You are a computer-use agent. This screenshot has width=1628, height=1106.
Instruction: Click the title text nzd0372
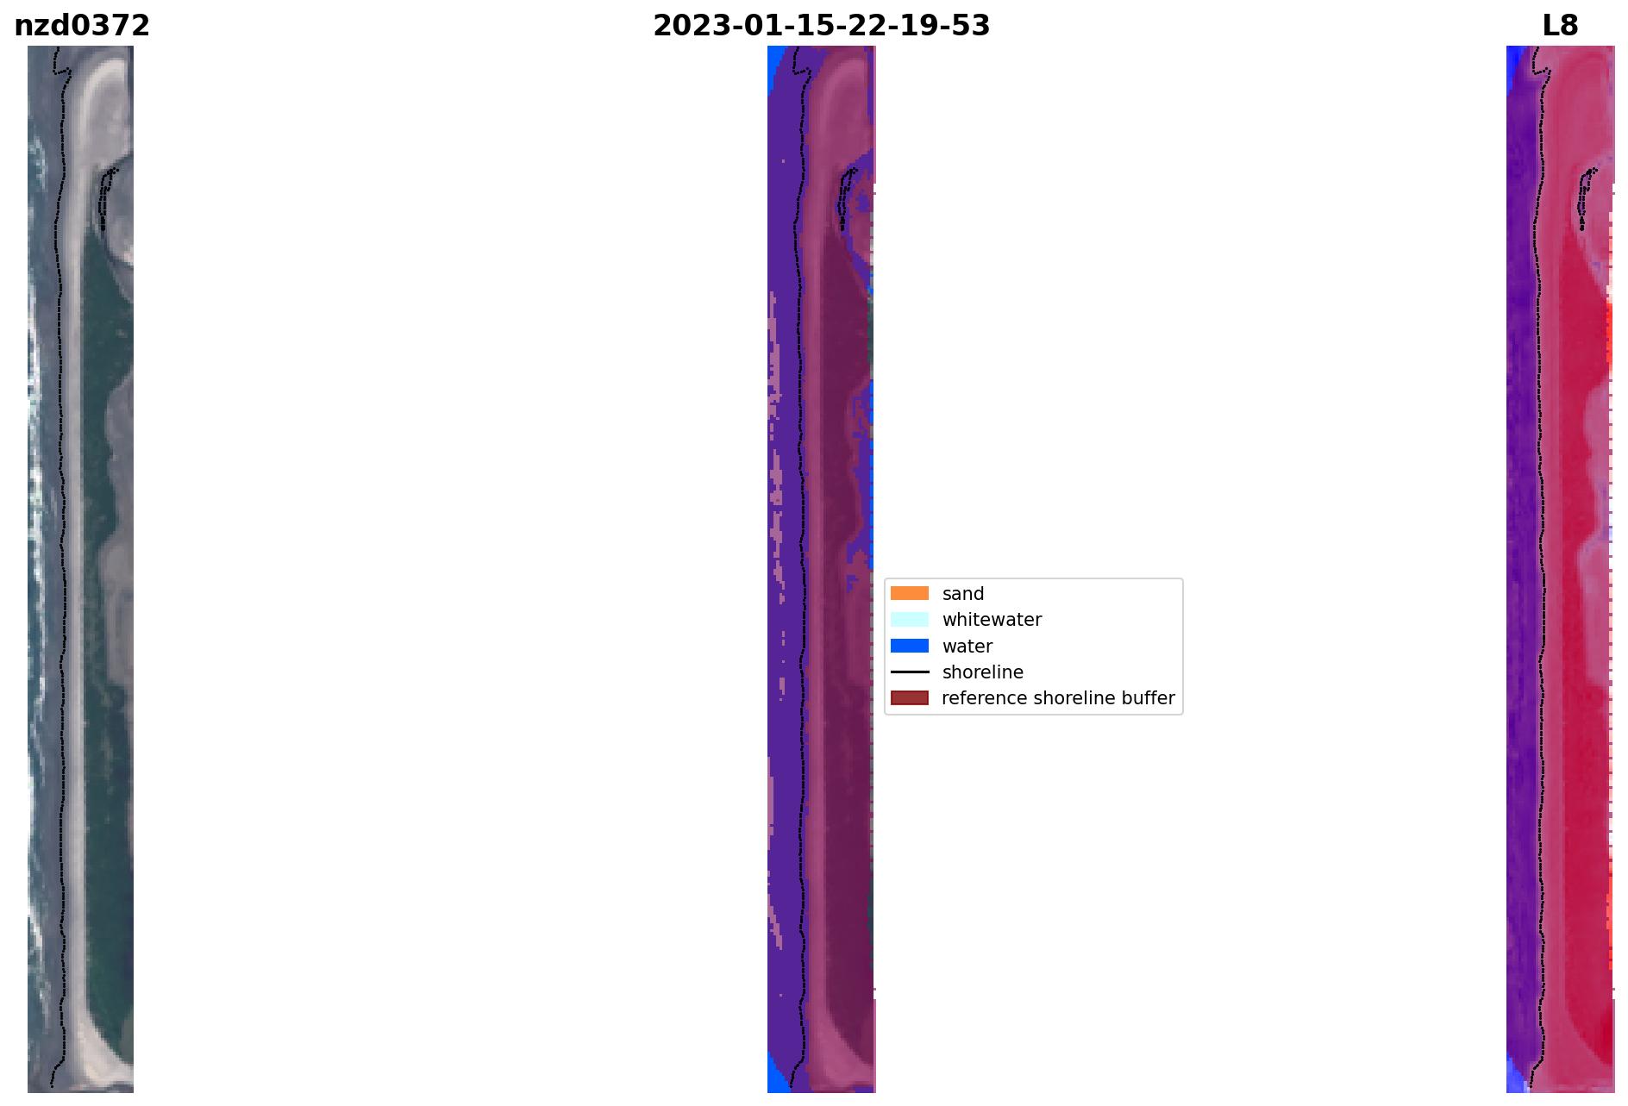pos(82,26)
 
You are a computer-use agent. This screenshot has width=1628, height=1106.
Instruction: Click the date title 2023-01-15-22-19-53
pos(821,26)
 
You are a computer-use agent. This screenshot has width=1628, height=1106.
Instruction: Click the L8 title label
pos(1560,26)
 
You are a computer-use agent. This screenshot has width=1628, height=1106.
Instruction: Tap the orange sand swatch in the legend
pos(910,593)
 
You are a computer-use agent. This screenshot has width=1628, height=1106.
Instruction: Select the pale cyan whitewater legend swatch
pos(910,619)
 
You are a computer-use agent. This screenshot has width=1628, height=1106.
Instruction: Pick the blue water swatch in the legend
pos(910,646)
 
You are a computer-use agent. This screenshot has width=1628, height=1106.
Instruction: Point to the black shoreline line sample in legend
pos(910,672)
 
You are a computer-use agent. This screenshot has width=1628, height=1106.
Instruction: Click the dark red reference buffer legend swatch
pos(910,697)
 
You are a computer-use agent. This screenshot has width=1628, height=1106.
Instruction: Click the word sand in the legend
pos(963,594)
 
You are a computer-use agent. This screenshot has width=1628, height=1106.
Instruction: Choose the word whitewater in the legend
pos(992,620)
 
